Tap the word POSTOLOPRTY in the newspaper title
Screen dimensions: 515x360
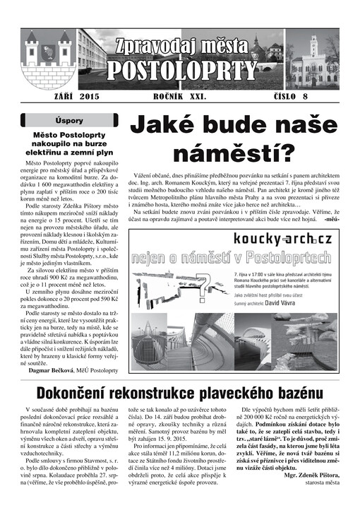click(183, 69)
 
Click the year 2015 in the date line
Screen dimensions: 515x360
click(90, 94)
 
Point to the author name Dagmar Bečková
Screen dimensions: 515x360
click(52, 369)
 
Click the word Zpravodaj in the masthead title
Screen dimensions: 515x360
click(150, 47)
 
